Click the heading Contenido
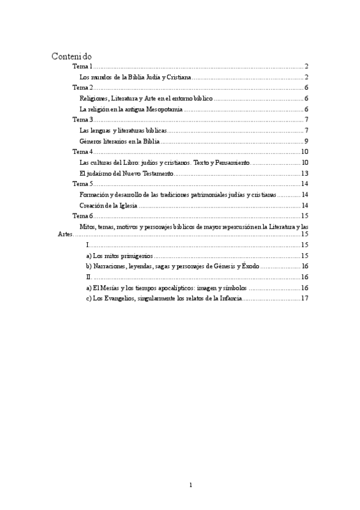pyautogui.click(x=72, y=56)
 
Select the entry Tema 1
pyautogui.click(x=82, y=66)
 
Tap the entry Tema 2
pyautogui.click(x=82, y=88)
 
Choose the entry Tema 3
pyautogui.click(x=82, y=120)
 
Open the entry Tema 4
pyautogui.click(x=82, y=152)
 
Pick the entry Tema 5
pyautogui.click(x=82, y=184)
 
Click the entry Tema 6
pyautogui.click(x=82, y=216)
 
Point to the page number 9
pyautogui.click(x=306, y=141)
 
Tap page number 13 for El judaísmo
pyautogui.click(x=305, y=173)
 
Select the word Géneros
pyautogui.click(x=91, y=141)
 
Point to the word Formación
pyautogui.click(x=94, y=195)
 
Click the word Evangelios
pyautogui.click(x=124, y=298)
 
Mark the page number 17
pyautogui.click(x=305, y=298)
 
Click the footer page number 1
pyautogui.click(x=191, y=485)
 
